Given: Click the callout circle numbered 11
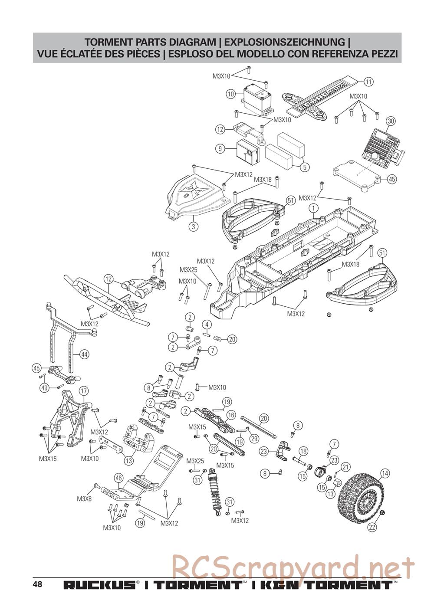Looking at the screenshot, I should pos(368,82).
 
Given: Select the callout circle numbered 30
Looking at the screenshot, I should pos(390,121).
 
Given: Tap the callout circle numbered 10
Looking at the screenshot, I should pos(230,94).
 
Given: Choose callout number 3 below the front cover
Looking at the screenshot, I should pos(194,226).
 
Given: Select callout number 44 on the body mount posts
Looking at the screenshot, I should pos(84,354).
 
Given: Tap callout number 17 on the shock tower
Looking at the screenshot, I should pos(84,390).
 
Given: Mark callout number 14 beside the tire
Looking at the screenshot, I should pos(385,473).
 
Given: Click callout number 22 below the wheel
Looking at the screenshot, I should pos(372,527).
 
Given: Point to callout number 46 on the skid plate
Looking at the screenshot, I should pos(119,479).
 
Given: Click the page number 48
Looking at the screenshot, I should pos(37,584).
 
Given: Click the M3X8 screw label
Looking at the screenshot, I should pos(84,499).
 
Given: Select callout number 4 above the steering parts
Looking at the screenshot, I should pos(207,325).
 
